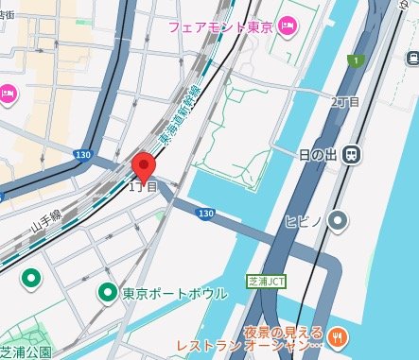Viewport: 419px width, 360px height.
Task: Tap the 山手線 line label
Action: pyautogui.click(x=46, y=224)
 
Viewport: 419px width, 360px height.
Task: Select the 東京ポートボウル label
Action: pyautogui.click(x=175, y=294)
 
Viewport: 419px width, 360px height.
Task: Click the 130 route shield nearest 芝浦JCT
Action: pyautogui.click(x=206, y=215)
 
